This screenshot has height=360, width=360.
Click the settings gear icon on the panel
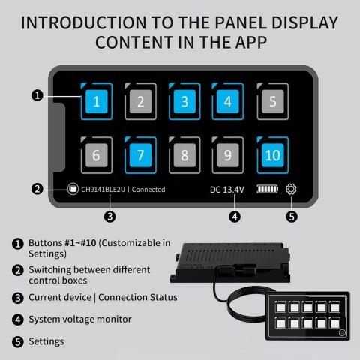292,190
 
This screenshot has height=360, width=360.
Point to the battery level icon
268,190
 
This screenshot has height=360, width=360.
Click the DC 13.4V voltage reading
226,190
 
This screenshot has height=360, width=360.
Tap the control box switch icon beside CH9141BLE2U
73,190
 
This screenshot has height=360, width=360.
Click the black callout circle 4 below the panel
235,217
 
